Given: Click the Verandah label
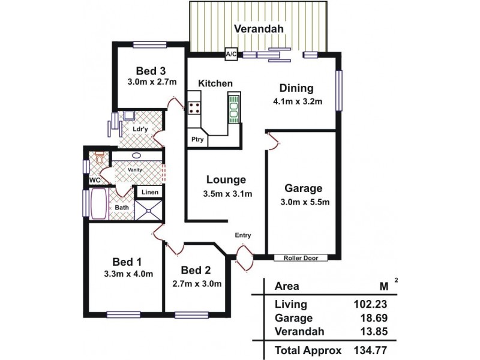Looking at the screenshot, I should coord(259,29).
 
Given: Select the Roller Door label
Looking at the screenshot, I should coord(301,258).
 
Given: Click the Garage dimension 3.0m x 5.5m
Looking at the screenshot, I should coord(305,202).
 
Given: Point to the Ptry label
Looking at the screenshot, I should coord(197,140).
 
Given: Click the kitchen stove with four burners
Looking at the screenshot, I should coord(195,108).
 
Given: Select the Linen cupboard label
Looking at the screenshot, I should coord(150,193).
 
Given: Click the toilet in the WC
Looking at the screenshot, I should coord(100,159).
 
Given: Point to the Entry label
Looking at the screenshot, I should coord(243,235).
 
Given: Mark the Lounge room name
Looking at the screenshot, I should coord(226,179).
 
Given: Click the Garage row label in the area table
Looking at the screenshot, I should coord(293,318).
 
